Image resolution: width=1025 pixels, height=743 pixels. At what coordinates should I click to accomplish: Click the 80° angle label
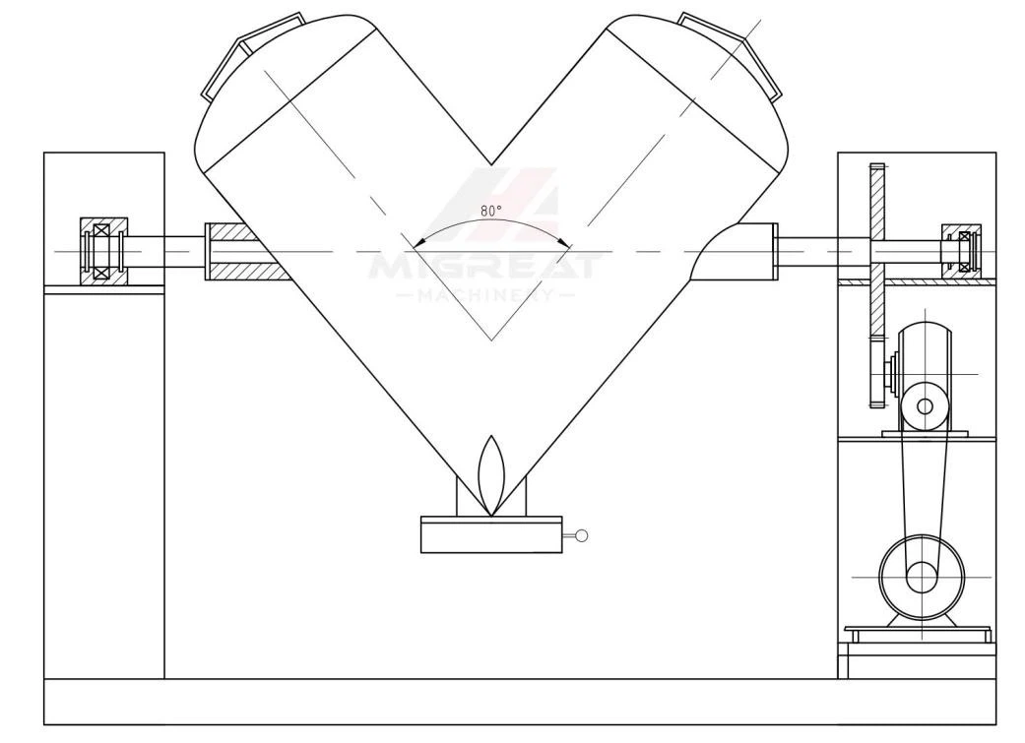click(x=491, y=211)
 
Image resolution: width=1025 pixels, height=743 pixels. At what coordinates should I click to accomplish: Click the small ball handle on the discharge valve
click(x=581, y=536)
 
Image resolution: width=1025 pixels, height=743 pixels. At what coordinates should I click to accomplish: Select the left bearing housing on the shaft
click(x=103, y=251)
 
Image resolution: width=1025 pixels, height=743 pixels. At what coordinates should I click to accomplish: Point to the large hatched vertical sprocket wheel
click(x=876, y=285)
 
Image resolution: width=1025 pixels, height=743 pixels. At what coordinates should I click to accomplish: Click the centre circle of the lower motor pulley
click(x=921, y=577)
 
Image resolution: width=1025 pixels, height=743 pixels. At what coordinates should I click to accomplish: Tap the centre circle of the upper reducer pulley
click(x=925, y=406)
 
